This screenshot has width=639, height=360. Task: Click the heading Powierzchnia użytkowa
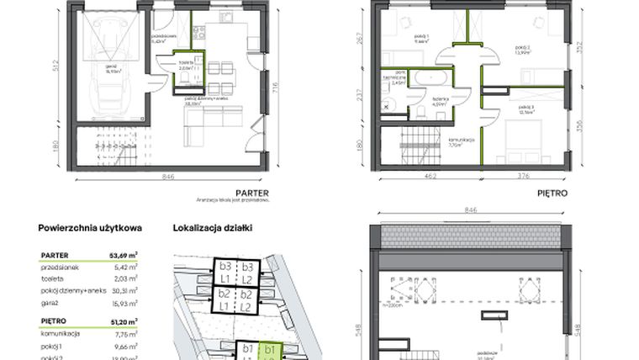[x=90, y=227]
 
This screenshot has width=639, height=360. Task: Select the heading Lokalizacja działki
[x=212, y=227]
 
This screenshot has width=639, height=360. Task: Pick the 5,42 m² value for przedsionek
[x=125, y=265]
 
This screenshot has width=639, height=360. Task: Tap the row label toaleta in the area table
[x=53, y=278]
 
